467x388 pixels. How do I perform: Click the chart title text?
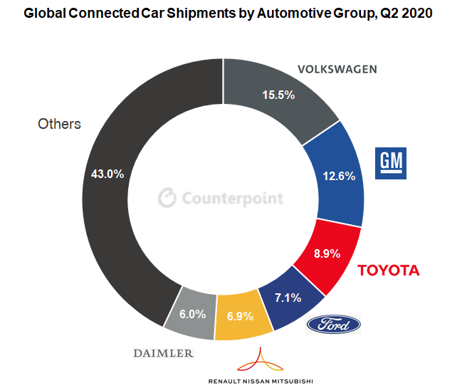[x=233, y=14]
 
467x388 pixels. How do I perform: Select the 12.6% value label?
[x=339, y=177]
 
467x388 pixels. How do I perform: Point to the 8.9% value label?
[x=327, y=253]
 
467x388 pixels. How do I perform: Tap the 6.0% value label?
[x=192, y=313]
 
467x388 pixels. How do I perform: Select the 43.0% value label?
[x=107, y=173]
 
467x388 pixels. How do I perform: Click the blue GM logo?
[x=391, y=162]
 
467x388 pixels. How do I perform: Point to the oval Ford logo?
[x=333, y=325]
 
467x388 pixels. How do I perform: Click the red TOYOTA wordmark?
[x=388, y=271]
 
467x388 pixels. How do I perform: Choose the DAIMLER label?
[x=163, y=352]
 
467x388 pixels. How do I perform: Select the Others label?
[x=59, y=124]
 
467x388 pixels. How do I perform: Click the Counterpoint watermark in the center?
[x=221, y=198]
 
